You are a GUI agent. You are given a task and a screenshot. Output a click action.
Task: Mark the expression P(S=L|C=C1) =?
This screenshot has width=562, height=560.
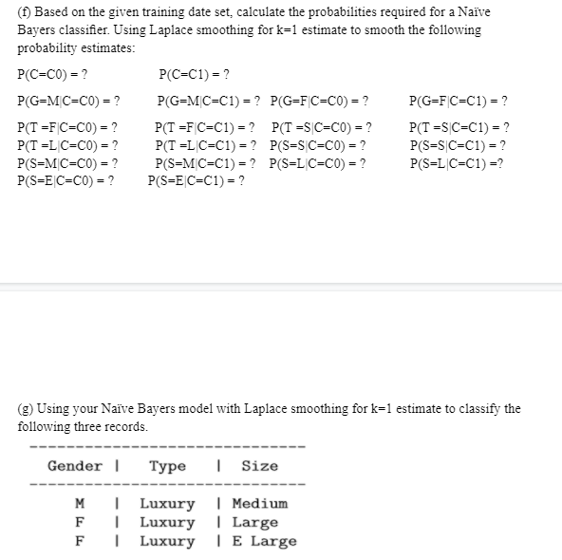457,162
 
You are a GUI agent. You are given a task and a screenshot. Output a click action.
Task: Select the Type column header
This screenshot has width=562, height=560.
167,465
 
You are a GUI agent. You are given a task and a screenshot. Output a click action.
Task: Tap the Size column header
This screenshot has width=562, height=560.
259,465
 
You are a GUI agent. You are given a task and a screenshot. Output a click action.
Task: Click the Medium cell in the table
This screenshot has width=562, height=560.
259,503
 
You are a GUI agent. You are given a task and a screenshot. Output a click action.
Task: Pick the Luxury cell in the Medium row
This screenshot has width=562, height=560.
167,503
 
